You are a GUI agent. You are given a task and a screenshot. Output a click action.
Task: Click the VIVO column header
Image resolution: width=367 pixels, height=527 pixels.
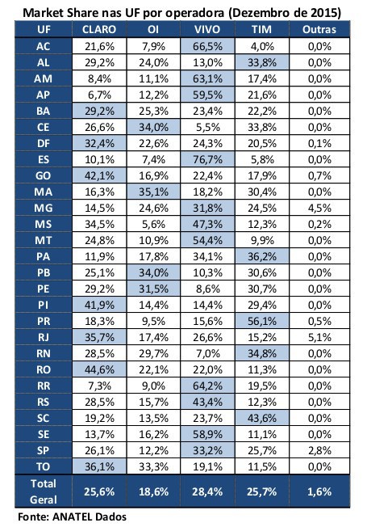207,30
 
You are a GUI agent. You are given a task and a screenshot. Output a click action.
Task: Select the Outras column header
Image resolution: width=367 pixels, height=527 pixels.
319,30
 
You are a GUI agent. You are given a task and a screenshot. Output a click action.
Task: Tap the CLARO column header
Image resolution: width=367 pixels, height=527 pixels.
99,30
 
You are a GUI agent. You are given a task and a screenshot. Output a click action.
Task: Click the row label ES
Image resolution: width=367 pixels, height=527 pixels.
44,159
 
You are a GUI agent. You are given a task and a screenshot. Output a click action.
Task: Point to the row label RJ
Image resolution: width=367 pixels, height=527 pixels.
44,337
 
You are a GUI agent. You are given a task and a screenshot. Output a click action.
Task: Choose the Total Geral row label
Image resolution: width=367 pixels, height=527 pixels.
44,491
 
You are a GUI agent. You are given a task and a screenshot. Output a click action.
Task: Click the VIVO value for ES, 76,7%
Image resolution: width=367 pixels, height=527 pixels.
207,159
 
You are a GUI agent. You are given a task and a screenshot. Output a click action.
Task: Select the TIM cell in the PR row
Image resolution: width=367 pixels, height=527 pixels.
262,321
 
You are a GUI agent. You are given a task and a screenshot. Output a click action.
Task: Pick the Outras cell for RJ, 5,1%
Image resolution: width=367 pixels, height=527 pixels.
319,337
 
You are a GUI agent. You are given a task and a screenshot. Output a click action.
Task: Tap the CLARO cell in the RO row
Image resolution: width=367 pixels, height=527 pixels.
99,369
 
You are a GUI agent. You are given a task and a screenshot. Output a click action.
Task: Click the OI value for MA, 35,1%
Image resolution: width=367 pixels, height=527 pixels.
153,192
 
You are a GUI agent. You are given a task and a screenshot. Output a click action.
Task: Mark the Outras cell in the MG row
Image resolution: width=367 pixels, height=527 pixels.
319,208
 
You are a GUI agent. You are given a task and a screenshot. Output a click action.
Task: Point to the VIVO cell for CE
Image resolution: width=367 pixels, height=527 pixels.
207,127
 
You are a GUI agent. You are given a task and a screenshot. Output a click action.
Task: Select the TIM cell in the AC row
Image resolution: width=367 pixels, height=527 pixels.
262,46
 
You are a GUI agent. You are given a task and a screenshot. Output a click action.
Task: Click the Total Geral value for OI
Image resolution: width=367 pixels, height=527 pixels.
153,491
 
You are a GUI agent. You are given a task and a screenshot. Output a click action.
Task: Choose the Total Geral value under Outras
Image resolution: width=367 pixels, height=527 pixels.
319,491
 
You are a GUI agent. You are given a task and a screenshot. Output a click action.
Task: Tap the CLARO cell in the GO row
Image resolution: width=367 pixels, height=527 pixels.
99,175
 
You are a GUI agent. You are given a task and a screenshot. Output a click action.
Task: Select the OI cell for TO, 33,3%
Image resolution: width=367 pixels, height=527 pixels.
153,466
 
